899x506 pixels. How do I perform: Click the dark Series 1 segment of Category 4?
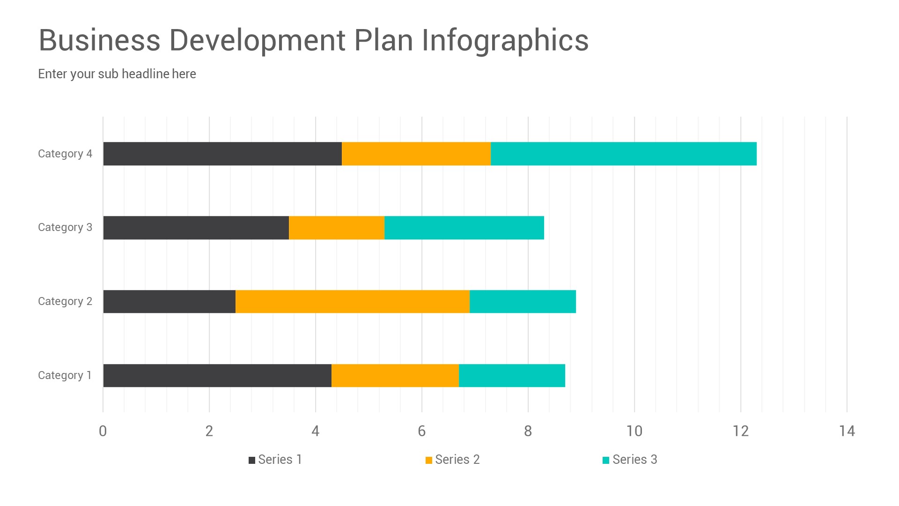click(x=222, y=154)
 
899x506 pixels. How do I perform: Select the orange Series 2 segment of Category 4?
click(x=416, y=154)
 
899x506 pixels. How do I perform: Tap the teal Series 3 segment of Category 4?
click(x=624, y=154)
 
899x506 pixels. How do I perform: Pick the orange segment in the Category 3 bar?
click(x=337, y=228)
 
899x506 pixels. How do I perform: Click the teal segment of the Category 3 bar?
click(x=464, y=228)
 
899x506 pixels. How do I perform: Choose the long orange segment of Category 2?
click(x=352, y=301)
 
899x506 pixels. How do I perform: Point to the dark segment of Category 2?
click(x=169, y=301)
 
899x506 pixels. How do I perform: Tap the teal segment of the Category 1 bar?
click(x=512, y=375)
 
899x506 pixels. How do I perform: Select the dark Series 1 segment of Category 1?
click(x=217, y=375)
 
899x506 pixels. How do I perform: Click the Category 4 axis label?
click(x=65, y=154)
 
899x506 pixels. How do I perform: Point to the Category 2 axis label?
click(x=65, y=301)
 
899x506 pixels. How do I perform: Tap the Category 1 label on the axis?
click(x=65, y=375)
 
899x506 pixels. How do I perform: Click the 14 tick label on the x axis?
click(x=847, y=431)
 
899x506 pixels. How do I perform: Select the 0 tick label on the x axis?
click(x=103, y=431)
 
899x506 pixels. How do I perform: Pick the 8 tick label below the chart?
click(x=528, y=431)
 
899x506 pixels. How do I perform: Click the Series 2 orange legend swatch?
click(x=428, y=460)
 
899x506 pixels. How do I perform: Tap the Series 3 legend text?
click(x=634, y=460)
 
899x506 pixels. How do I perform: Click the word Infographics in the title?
click(x=505, y=40)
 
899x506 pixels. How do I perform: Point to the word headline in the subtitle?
click(x=145, y=74)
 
